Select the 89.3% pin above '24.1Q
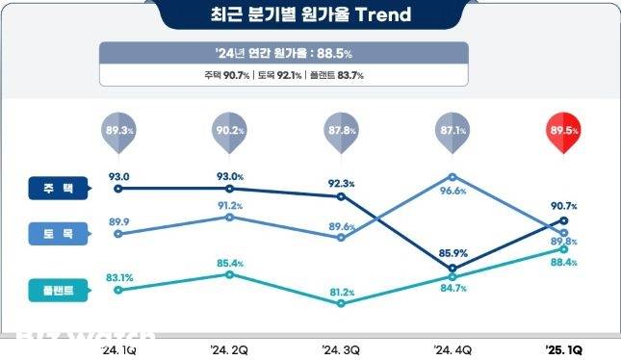pos(117,131)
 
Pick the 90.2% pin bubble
pos(229,131)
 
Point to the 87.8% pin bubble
pos(342,131)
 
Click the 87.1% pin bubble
pos(453,131)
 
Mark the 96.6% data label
pos(453,192)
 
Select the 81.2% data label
pos(342,292)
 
